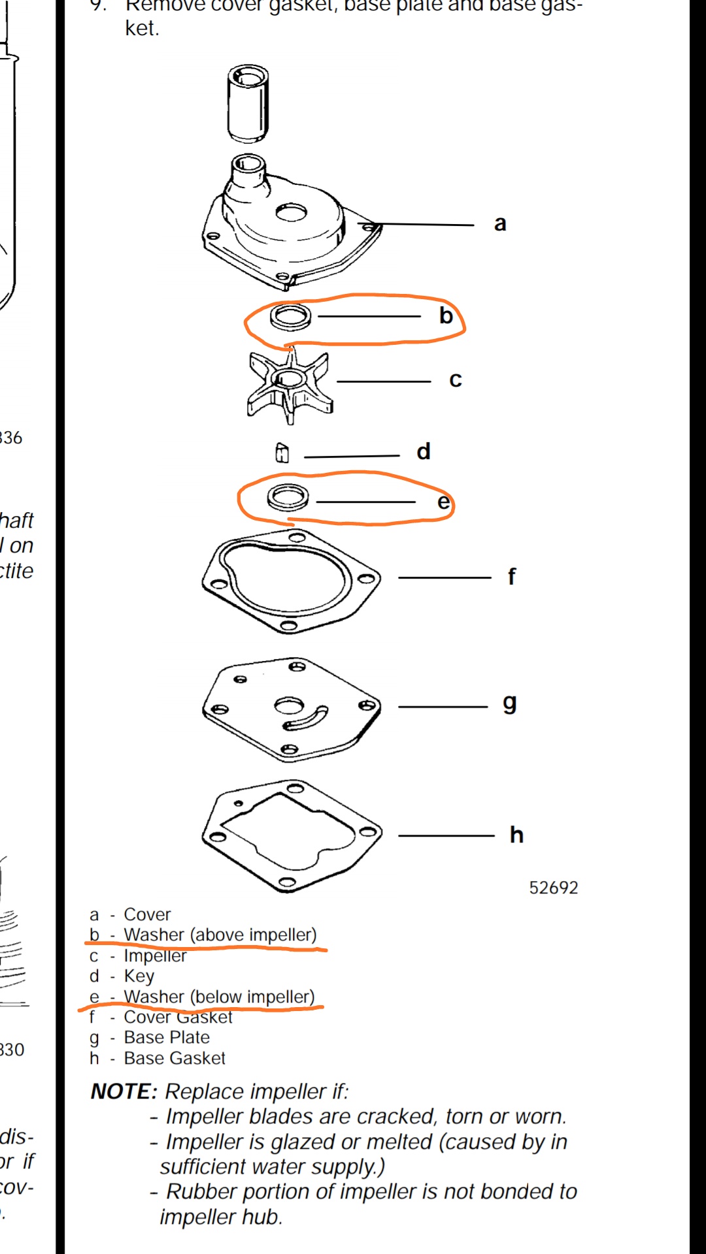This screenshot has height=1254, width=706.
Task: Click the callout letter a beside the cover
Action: (500, 224)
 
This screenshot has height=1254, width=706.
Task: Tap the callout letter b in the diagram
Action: (446, 316)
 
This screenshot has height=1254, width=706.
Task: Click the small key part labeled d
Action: (282, 453)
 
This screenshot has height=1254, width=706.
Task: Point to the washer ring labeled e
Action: (288, 498)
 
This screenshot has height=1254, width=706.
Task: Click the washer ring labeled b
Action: (290, 317)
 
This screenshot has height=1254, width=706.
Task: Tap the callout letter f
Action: (511, 577)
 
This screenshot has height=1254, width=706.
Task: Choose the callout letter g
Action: (509, 704)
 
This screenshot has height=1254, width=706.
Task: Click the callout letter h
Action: (516, 835)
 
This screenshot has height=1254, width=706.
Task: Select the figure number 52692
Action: (554, 888)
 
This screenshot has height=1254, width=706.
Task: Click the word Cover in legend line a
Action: (147, 914)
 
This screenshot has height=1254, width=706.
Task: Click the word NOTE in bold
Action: (124, 1091)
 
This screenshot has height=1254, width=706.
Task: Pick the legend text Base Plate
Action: (167, 1037)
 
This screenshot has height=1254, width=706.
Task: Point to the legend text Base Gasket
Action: (175, 1058)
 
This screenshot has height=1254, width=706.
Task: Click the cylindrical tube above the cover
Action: (248, 103)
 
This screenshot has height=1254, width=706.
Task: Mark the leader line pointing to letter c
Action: (383, 381)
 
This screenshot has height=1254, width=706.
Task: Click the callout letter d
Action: (424, 452)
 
